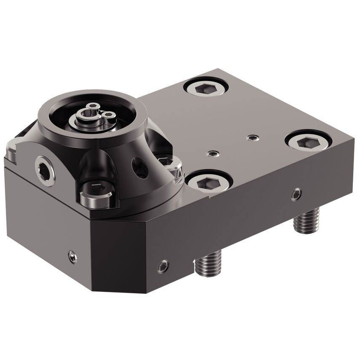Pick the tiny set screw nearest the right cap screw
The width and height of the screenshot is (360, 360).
click(252, 137)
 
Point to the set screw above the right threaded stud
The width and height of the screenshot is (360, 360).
click(296, 193)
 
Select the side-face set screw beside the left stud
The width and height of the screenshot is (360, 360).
click(163, 266)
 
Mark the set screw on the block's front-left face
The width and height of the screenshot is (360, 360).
click(73, 256)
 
